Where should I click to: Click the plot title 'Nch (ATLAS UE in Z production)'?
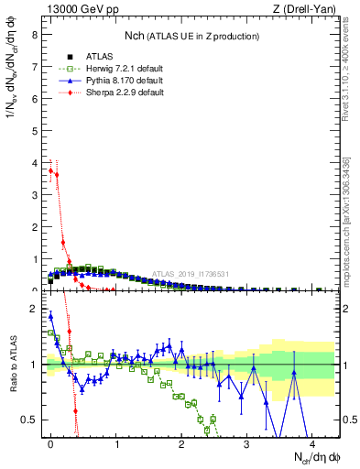click(x=191, y=36)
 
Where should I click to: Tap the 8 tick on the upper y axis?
click(x=34, y=35)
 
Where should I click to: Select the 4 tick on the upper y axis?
click(x=34, y=162)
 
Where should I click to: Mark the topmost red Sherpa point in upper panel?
click(x=50, y=170)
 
